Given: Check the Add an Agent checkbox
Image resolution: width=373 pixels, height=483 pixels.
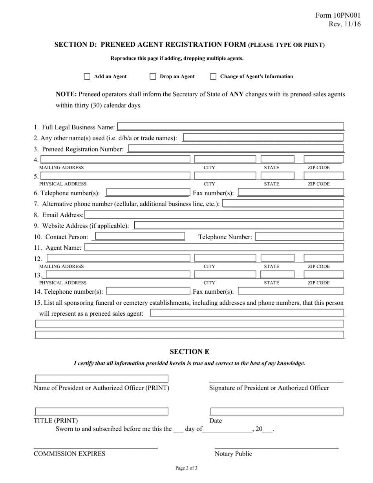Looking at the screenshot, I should (87, 77).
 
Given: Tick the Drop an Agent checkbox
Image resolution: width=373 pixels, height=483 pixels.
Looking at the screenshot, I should (153, 77).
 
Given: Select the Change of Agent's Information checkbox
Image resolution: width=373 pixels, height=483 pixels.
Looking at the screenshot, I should (213, 77).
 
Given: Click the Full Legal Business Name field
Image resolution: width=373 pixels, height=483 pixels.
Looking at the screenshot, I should (230, 126).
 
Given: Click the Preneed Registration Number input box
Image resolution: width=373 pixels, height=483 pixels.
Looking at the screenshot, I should (236, 148).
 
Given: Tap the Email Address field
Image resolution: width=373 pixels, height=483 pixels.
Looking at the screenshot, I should (214, 215).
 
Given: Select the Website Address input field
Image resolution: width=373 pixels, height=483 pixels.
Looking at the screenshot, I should (238, 225).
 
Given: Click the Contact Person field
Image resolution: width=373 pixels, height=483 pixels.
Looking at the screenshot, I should (140, 236).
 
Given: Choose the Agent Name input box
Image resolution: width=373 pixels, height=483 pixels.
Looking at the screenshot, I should (214, 247).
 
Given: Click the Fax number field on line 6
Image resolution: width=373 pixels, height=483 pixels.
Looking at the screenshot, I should (291, 192).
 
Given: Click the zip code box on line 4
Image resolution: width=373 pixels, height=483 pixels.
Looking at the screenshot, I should (324, 159).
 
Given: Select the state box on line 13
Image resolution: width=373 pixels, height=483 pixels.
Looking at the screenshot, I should (277, 274).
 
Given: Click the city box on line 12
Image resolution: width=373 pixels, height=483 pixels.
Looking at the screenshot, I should (225, 258).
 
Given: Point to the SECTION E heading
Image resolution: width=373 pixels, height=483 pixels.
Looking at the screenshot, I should (189, 351).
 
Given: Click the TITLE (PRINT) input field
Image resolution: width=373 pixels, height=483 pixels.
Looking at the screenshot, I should (101, 412).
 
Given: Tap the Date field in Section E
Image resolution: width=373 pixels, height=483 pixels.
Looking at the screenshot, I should (277, 412).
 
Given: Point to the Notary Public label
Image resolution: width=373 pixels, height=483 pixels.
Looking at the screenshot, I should (233, 454).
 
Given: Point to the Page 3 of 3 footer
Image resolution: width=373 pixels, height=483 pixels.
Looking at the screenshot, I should (186, 468).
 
